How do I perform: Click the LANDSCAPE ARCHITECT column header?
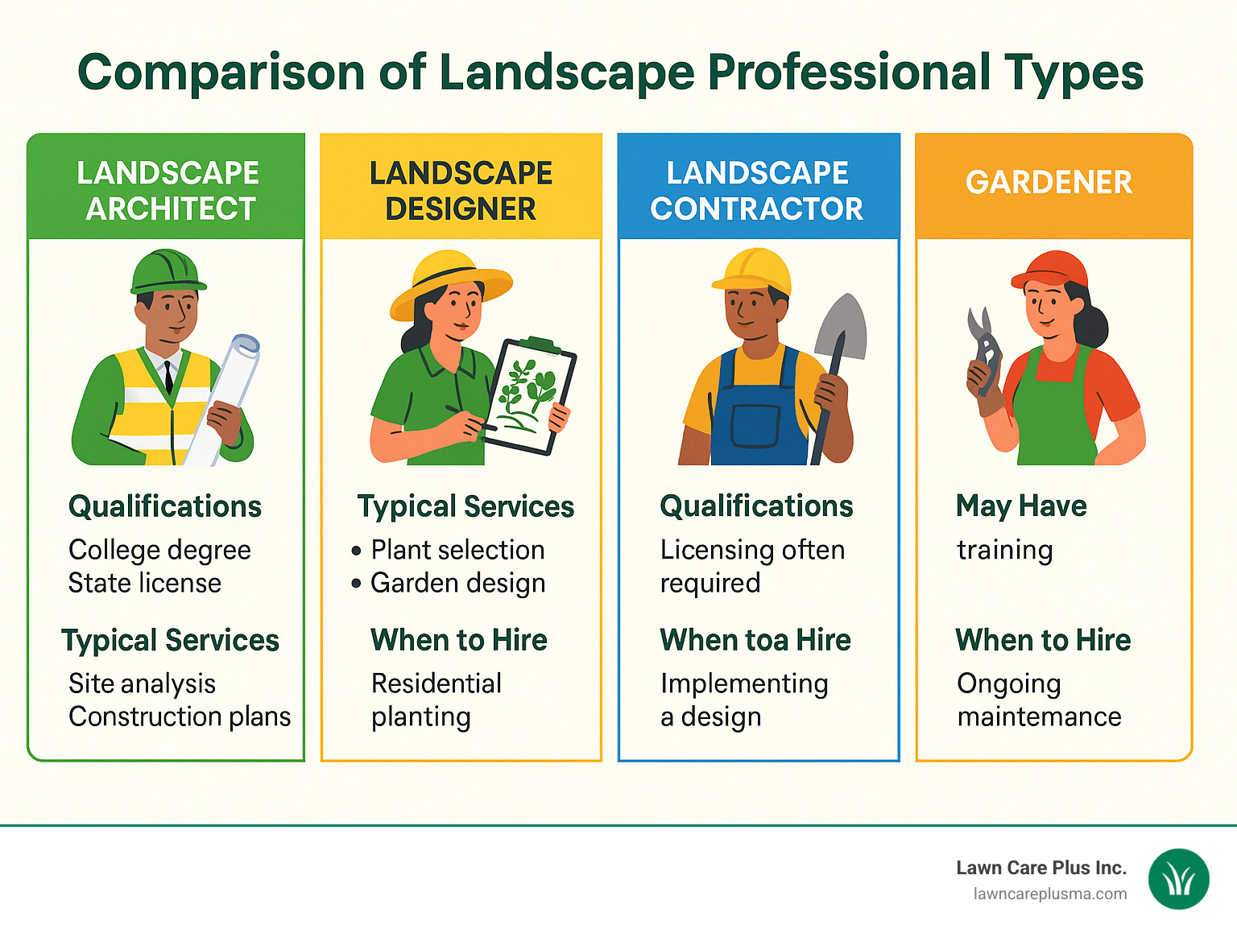click(168, 190)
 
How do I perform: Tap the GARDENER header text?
click(1049, 183)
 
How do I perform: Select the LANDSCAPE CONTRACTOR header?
click(757, 190)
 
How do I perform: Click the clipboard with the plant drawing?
click(528, 394)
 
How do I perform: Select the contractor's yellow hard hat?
click(754, 270)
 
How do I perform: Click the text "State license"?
click(145, 583)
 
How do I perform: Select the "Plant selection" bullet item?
click(457, 550)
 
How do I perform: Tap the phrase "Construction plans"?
click(180, 716)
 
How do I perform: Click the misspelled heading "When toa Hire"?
click(755, 640)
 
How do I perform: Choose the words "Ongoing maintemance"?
click(1039, 700)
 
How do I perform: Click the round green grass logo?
click(1178, 879)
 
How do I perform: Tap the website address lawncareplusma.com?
click(1050, 894)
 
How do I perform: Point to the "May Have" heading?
click(1021, 506)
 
